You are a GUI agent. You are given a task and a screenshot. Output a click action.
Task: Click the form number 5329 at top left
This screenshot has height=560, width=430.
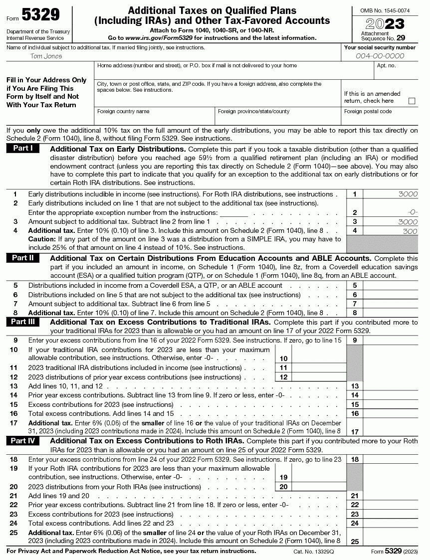40,15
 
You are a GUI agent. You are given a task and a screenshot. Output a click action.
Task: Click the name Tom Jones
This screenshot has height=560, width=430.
46,56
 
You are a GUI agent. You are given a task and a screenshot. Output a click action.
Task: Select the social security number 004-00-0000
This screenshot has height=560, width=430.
380,56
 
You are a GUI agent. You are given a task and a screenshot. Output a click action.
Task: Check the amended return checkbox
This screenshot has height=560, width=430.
412,101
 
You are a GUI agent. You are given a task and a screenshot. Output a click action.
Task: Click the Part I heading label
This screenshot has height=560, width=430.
23,148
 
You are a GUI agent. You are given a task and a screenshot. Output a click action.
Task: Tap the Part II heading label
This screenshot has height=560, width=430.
23,258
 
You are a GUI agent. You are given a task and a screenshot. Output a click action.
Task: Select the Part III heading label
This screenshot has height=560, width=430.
23,322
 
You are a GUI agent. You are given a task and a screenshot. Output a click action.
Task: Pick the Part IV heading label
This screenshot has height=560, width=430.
23,440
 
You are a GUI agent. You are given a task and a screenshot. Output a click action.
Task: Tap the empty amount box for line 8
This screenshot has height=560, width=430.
390,313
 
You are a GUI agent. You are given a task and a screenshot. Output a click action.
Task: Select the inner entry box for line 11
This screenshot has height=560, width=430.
318,368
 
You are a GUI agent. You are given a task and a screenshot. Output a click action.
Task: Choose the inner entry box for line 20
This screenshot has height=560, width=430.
318,487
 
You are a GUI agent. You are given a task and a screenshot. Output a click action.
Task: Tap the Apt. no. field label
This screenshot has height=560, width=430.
387,65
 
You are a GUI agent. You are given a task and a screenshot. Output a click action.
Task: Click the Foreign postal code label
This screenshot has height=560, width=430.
368,111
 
